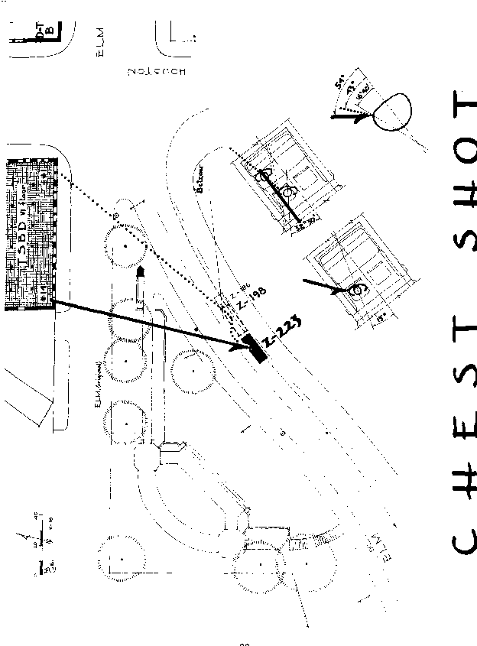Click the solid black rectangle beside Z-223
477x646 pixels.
(x=253, y=348)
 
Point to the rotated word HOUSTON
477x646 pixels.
(x=157, y=71)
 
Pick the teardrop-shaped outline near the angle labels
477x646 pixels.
(x=391, y=111)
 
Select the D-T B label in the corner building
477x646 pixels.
(x=50, y=28)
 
